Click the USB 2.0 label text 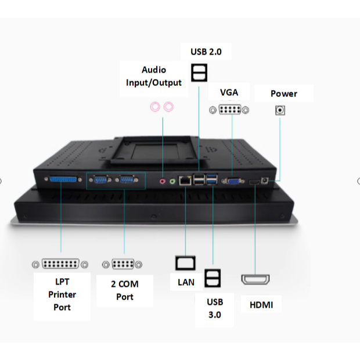pos(206,52)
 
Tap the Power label pos(284,93)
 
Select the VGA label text pos(229,92)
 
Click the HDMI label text pos(261,305)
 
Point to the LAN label pos(186,282)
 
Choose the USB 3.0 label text pos(215,308)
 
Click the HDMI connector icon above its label pos(255,279)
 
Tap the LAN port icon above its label pos(185,263)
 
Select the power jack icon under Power pos(280,110)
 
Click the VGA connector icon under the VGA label pos(229,110)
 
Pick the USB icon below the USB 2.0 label pos(199,73)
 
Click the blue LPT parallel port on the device pos(63,179)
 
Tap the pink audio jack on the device pos(163,182)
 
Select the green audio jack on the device pos(172,182)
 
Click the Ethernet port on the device pos(185,181)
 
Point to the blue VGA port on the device pos(233,181)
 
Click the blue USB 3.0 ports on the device pos(212,179)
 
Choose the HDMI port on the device pos(254,182)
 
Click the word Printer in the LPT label pos(62,294)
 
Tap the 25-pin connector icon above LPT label pos(60,264)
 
